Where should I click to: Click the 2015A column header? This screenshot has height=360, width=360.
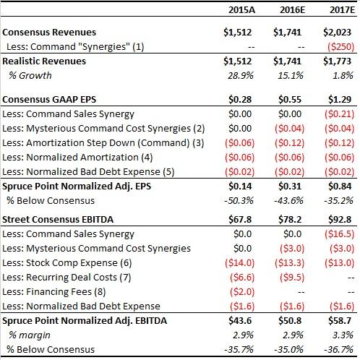click(241, 10)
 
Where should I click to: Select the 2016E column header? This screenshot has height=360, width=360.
click(292, 10)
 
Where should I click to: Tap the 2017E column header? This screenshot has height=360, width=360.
click(342, 10)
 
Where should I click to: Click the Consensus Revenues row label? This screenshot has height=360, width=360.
click(49, 33)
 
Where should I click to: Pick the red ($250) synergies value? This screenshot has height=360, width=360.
click(340, 47)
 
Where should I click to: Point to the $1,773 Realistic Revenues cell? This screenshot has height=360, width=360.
click(337, 61)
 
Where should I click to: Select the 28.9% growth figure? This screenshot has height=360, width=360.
click(241, 76)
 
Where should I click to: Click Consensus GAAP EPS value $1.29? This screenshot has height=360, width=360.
click(340, 100)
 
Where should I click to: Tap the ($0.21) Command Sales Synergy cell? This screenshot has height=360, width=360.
click(340, 114)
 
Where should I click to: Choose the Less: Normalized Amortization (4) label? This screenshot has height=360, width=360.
click(77, 158)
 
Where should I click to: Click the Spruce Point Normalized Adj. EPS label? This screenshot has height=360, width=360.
click(77, 187)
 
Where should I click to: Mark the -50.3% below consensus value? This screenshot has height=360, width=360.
click(239, 201)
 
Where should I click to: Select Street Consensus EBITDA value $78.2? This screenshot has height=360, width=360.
click(290, 220)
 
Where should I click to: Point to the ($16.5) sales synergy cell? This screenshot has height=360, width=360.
click(340, 234)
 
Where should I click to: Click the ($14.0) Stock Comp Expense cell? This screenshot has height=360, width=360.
click(240, 263)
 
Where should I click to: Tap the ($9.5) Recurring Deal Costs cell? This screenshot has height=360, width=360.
click(292, 278)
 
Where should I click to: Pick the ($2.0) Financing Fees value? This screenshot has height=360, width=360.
click(242, 292)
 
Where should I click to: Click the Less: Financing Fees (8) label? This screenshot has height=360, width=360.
click(54, 292)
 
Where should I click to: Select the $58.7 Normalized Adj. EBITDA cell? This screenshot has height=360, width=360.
click(340, 321)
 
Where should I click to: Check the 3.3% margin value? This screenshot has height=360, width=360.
click(343, 335)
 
